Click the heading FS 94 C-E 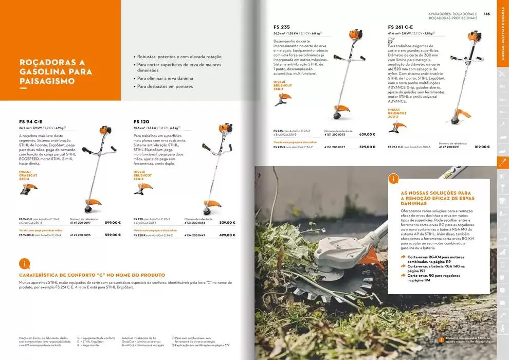tap(30, 121)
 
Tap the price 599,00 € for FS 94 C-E tap(113, 223)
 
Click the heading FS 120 tap(141, 121)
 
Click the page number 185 tap(486, 14)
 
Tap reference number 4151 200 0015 tap(335, 134)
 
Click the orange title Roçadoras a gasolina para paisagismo tap(56, 71)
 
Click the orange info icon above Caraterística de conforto tap(24, 264)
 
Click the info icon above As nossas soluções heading tap(394, 178)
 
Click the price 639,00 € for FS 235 tap(367, 134)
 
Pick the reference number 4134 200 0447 tap(195, 235)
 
